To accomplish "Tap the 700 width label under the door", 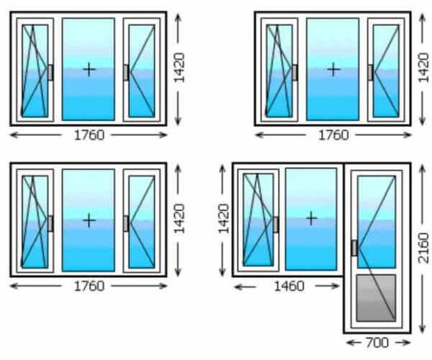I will (377, 342).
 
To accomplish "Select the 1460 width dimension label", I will (289, 286).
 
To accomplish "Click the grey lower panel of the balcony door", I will (376, 297).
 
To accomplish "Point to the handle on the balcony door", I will (354, 248).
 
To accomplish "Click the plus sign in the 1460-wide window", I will (311, 217).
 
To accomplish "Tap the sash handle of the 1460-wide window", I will (276, 224).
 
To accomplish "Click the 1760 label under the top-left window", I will (89, 135).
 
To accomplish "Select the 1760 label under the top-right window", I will (333, 135).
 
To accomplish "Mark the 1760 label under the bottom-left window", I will (89, 286).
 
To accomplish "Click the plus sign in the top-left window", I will (89, 69).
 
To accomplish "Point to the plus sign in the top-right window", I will (333, 69).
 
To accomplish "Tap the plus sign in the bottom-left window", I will (89, 220).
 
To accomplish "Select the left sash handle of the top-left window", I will (50, 72).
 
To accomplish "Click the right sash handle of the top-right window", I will (371, 72).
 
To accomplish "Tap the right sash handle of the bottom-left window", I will (127, 223).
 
